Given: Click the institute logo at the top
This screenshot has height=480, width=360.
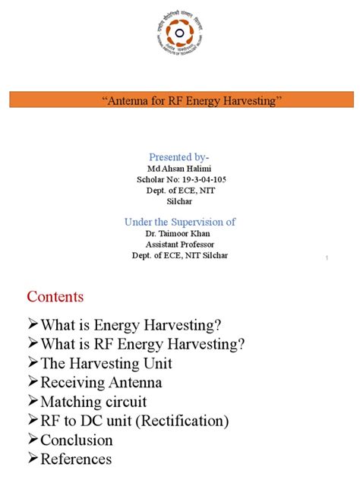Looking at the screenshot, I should pyautogui.click(x=180, y=36).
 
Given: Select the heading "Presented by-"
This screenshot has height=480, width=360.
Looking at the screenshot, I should pyautogui.click(x=180, y=156).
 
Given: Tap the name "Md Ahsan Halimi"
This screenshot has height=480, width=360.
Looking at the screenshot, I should pyautogui.click(x=180, y=168).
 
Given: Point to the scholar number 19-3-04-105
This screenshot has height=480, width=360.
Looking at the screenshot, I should pyautogui.click(x=196, y=179).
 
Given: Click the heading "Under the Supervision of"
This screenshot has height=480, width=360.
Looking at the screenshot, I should pyautogui.click(x=180, y=222).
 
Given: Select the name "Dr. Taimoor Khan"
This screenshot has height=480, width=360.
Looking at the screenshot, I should pyautogui.click(x=180, y=234).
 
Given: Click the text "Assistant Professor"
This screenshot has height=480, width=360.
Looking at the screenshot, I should pyautogui.click(x=180, y=245).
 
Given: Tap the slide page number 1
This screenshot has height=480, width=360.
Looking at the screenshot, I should pyautogui.click(x=326, y=260).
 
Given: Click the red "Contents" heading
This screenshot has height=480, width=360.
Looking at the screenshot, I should pyautogui.click(x=55, y=296).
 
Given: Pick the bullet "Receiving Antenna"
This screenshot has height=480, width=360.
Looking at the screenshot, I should pyautogui.click(x=101, y=382).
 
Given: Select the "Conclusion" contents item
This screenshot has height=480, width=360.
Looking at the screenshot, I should pyautogui.click(x=76, y=440).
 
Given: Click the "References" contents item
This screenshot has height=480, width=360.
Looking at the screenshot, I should pyautogui.click(x=76, y=459).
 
